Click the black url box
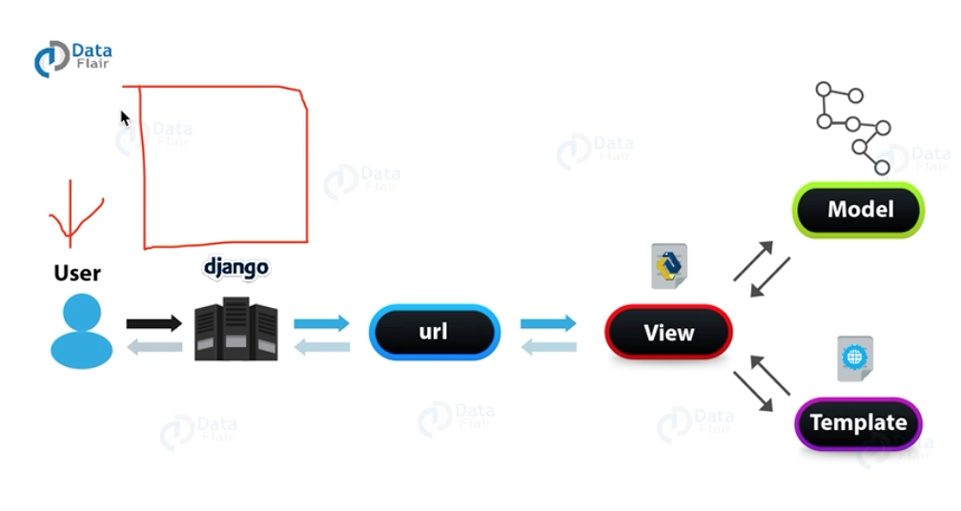click(434, 333)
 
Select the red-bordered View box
click(668, 333)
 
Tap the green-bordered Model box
click(859, 210)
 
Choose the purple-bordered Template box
click(858, 422)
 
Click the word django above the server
click(235, 266)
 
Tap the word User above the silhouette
click(77, 274)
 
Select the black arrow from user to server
click(153, 324)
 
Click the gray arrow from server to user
click(153, 347)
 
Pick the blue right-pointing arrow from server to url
click(322, 324)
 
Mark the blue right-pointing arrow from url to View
click(548, 324)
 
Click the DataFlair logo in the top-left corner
click(72, 58)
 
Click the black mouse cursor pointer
click(124, 118)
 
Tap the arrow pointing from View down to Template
click(753, 392)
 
